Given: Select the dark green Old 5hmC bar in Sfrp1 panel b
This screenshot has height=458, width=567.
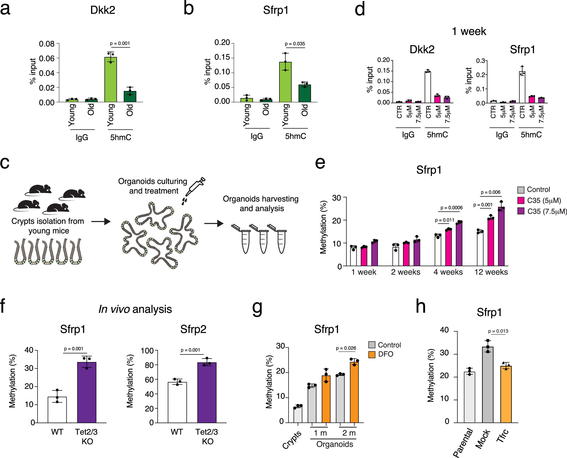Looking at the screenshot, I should (x=305, y=93).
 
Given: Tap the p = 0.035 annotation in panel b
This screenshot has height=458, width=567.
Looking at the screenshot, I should (x=295, y=44).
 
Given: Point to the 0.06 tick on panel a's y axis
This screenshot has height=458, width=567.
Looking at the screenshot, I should (x=47, y=58).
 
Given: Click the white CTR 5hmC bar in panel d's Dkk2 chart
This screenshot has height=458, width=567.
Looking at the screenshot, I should (x=428, y=87).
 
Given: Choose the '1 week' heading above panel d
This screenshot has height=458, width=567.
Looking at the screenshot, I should (x=469, y=31).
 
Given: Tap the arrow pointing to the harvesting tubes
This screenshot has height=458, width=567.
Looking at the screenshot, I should (x=214, y=224).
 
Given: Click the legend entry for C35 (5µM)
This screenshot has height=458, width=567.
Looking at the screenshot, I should (x=544, y=200).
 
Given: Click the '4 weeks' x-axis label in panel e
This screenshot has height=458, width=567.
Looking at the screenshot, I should (x=448, y=272).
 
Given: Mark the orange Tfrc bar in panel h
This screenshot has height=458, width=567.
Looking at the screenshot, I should (x=506, y=394).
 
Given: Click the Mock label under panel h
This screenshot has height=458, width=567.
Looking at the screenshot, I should (x=483, y=439).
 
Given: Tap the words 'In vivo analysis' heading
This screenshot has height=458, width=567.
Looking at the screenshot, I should (x=135, y=309).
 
